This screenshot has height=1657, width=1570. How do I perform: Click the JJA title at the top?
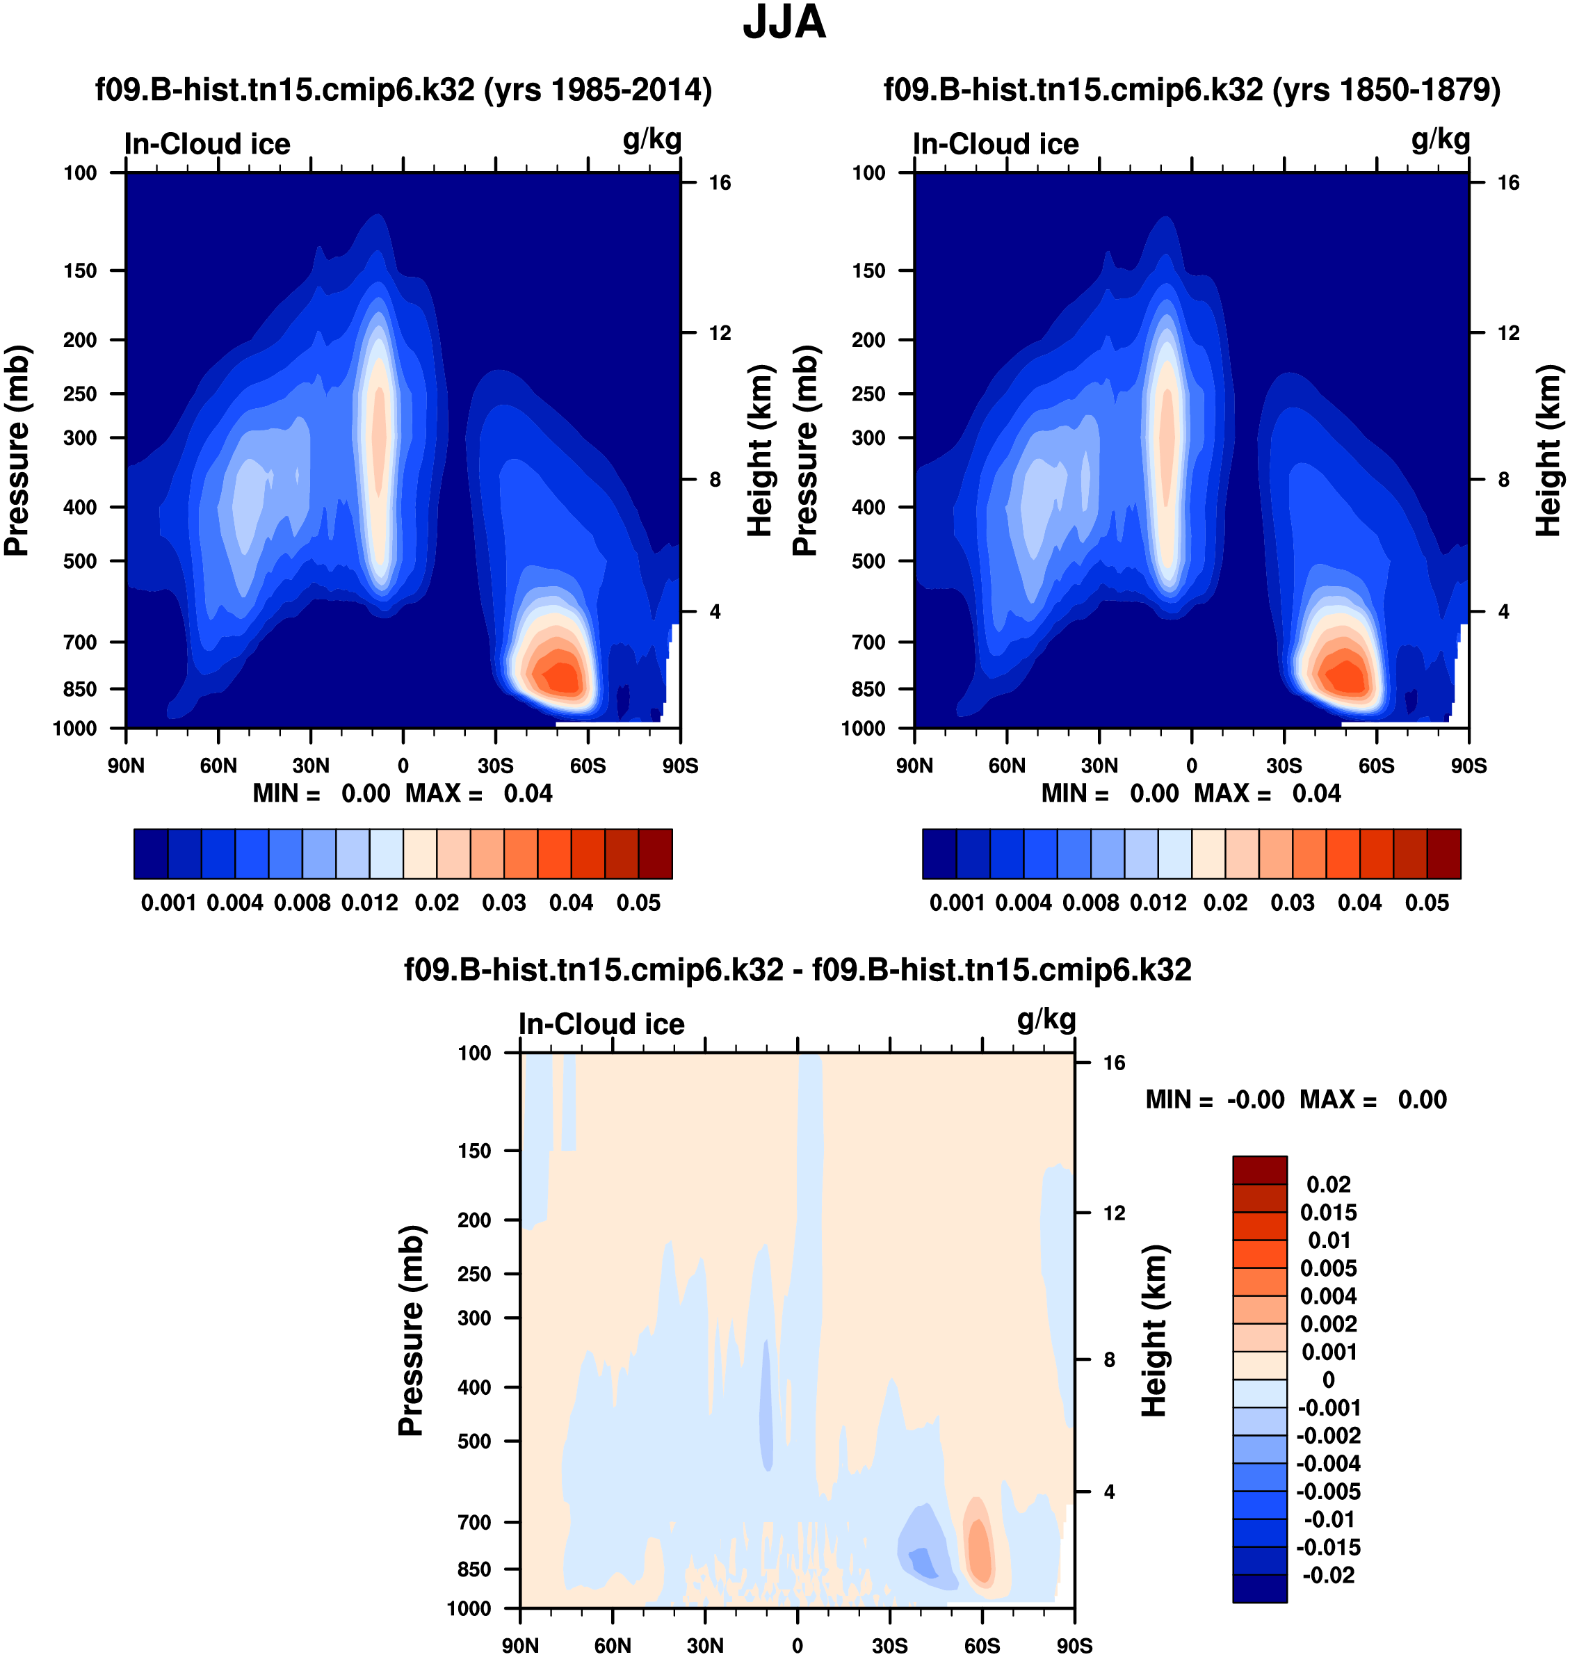(784, 22)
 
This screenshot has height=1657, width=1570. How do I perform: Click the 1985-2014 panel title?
(403, 90)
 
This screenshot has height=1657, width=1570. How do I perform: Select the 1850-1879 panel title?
(1192, 90)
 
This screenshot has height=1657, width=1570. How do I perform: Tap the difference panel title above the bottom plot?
(798, 970)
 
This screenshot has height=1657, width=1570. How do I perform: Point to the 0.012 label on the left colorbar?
(369, 903)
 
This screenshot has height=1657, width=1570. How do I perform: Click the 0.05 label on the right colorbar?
(1427, 903)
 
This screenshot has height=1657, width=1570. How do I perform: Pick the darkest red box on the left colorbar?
(655, 854)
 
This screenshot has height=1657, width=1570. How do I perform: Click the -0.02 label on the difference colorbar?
(1327, 1575)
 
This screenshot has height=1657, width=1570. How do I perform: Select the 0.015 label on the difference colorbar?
(1328, 1213)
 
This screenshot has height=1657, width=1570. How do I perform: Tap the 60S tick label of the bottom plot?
(982, 1645)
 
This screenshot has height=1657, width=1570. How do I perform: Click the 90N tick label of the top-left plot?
(126, 766)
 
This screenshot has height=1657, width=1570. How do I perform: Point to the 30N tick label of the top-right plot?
(1099, 766)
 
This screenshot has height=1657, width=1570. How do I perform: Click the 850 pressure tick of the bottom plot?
(474, 1569)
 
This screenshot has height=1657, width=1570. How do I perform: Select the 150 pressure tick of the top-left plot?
(81, 270)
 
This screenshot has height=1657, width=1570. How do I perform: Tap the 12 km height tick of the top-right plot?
(1508, 333)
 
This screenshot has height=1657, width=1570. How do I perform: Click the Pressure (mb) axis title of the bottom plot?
(411, 1331)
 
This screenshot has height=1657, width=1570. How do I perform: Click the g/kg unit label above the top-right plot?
(1440, 140)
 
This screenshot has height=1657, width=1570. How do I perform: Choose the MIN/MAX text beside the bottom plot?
(1295, 1099)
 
